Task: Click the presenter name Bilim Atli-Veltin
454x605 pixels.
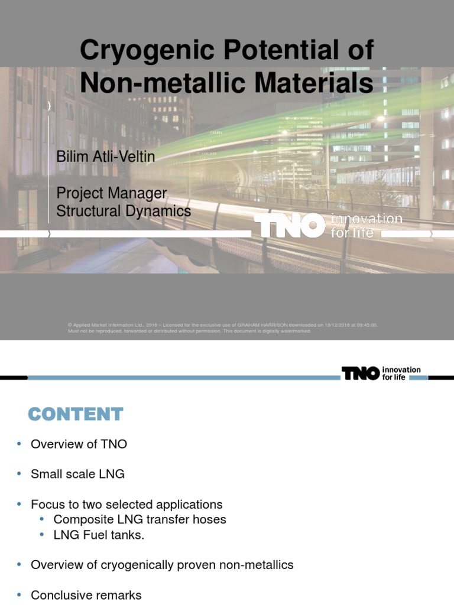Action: (106, 157)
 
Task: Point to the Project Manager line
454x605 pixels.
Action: (111, 193)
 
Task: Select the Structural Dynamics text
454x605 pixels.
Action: (124, 211)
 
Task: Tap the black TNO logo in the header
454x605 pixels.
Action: (360, 373)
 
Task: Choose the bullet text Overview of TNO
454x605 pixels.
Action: (79, 444)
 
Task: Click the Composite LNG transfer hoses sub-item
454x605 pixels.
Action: (140, 519)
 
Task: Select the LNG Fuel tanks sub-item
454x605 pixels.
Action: (99, 535)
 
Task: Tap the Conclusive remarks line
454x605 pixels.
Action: (86, 595)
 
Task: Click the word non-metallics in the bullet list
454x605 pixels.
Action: (256, 565)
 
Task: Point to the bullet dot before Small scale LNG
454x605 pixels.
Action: (19, 474)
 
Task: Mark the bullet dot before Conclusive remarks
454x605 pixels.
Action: (19, 594)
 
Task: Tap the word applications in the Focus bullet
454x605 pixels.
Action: (190, 505)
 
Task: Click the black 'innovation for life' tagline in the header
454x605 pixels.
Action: (401, 373)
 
